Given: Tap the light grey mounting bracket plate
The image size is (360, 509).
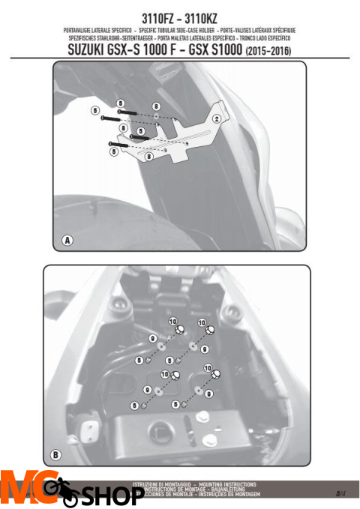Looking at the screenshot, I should [187, 135].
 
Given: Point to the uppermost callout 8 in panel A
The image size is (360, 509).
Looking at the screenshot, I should [157, 107].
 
